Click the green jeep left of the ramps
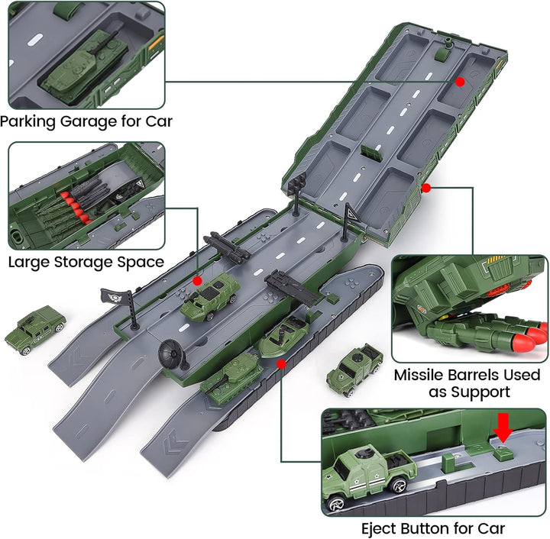(x=34, y=329)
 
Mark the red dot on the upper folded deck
(x=460, y=81)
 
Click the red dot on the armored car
(x=197, y=281)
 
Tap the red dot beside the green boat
(x=281, y=364)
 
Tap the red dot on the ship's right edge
(x=425, y=187)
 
